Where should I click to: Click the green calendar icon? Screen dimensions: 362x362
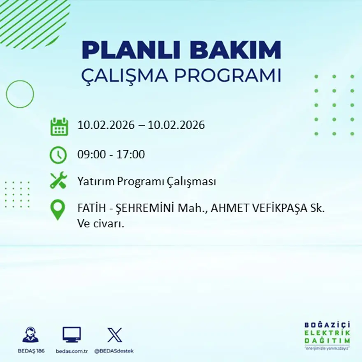point(59,127)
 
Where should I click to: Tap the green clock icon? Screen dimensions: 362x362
point(58,155)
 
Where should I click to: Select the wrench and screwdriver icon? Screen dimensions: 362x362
point(58,181)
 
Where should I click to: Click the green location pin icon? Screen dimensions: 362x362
point(58,209)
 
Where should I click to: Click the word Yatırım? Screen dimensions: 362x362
point(95,181)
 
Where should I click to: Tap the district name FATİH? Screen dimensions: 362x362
point(91,209)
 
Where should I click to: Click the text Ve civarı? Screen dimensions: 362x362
point(101,224)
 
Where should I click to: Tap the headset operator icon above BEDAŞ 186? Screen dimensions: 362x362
point(30,335)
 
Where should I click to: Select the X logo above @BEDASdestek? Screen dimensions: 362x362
point(114,335)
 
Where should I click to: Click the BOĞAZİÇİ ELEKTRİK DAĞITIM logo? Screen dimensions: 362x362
point(327,335)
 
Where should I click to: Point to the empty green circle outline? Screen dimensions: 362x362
point(20,94)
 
